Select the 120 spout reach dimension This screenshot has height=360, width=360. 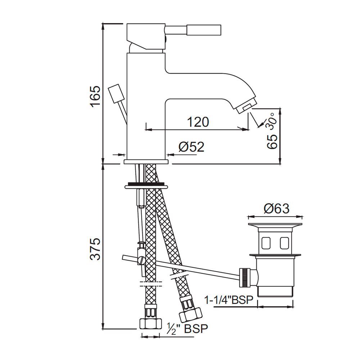pyautogui.click(x=198, y=122)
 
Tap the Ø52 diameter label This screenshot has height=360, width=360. pyautogui.click(x=191, y=147)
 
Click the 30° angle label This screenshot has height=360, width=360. pyautogui.click(x=271, y=121)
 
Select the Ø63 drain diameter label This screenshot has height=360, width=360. pyautogui.click(x=276, y=208)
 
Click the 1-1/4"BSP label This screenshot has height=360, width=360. pyautogui.click(x=229, y=299)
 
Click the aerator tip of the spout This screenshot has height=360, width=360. pyautogui.click(x=245, y=107)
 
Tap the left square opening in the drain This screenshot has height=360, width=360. pyautogui.click(x=266, y=243)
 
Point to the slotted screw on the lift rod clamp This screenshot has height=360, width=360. pyautogui.click(x=140, y=260)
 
